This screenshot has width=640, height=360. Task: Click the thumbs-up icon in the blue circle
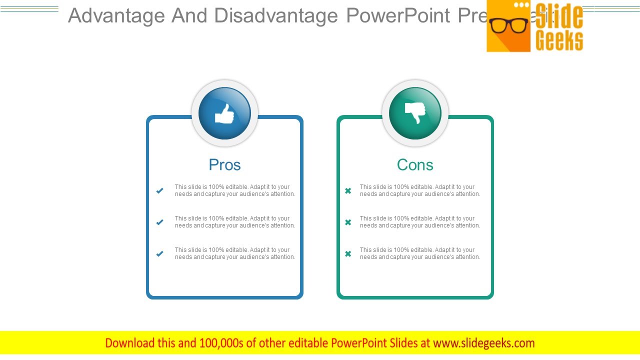[x=224, y=113]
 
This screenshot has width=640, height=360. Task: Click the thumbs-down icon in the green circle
[x=415, y=112]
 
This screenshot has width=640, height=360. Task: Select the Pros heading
[x=224, y=164]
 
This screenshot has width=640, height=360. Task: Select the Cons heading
[x=415, y=164]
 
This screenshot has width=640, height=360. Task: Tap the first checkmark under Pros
[x=160, y=190]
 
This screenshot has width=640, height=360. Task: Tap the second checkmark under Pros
[x=160, y=222]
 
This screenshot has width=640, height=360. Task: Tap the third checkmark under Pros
[x=160, y=253]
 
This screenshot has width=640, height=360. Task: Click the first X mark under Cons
[x=348, y=190]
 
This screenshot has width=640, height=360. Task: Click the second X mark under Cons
[x=348, y=222]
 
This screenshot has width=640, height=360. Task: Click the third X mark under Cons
[x=348, y=253]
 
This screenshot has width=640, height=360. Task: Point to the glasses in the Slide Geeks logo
[x=508, y=25]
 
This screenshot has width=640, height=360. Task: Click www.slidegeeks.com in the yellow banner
[x=483, y=343]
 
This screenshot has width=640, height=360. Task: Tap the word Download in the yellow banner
[x=130, y=343]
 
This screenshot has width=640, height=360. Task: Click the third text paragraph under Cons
[x=419, y=253]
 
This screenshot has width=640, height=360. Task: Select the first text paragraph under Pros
[x=234, y=190]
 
